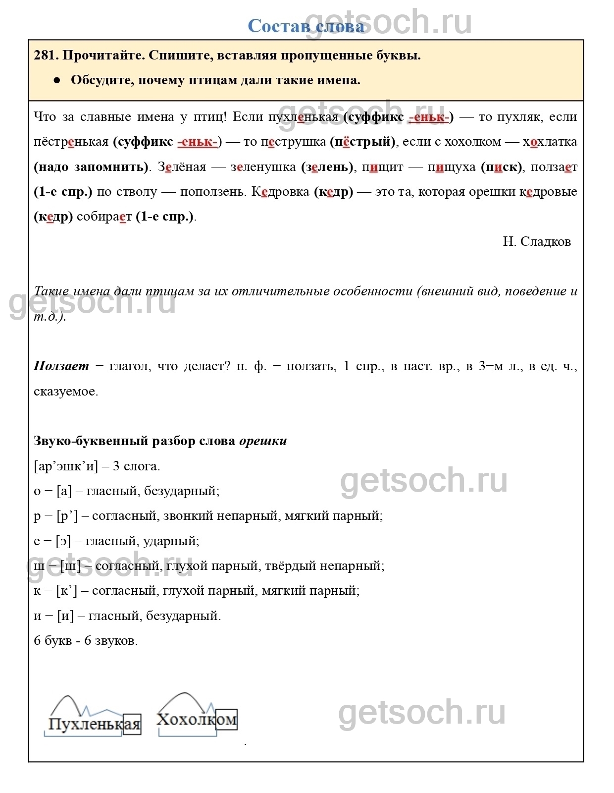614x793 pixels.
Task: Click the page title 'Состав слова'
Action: tap(306, 26)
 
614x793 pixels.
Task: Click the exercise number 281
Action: tap(46, 56)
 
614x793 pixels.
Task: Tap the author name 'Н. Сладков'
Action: tap(537, 241)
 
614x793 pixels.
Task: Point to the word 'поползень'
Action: tap(213, 192)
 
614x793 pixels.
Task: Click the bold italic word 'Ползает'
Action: tap(61, 366)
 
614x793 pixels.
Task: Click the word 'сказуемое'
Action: tap(66, 391)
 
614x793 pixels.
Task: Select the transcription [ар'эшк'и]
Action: tap(66, 466)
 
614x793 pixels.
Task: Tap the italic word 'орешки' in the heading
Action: tap(263, 441)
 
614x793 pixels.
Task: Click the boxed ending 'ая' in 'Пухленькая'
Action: tap(132, 724)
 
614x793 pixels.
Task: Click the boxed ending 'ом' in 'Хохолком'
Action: tap(226, 719)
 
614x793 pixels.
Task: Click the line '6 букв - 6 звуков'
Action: tap(86, 640)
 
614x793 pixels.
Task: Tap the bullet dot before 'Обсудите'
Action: tap(56, 80)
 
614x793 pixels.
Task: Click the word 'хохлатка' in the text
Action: tap(550, 142)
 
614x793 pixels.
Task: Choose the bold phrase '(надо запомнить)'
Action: tap(92, 167)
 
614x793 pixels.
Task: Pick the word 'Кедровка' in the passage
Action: tap(280, 192)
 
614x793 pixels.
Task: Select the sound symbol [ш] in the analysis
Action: tap(70, 566)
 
